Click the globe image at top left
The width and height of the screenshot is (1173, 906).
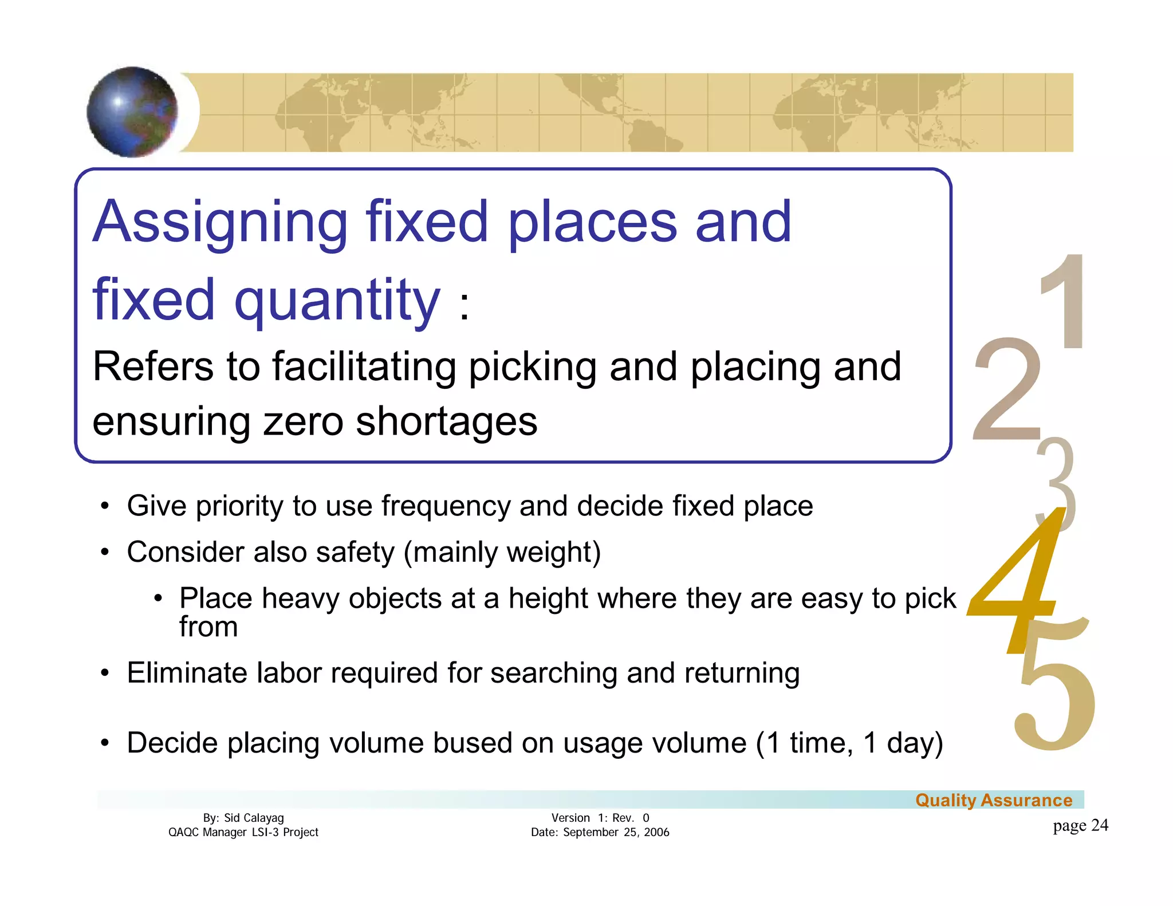133,112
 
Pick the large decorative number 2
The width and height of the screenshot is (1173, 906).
1006,390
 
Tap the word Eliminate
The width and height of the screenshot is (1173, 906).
187,673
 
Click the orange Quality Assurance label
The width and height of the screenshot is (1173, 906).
994,800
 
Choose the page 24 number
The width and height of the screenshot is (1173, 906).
1080,825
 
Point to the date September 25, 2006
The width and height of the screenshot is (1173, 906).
616,832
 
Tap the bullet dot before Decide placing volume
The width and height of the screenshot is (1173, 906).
104,743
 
